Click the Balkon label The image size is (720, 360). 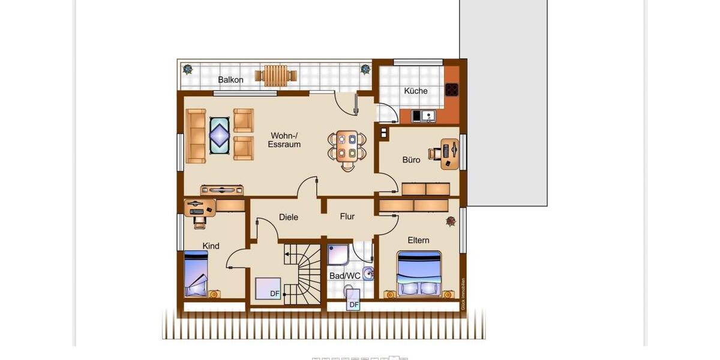click(x=230, y=80)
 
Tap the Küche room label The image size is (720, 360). click(x=416, y=91)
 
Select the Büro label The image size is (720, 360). click(x=411, y=160)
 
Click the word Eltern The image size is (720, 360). click(x=418, y=241)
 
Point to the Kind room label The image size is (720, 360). click(x=211, y=246)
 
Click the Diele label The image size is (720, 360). click(x=289, y=217)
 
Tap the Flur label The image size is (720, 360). click(x=347, y=217)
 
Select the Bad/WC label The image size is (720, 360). click(x=344, y=276)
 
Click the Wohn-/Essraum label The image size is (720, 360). click(x=285, y=140)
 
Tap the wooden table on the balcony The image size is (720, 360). click(x=276, y=75)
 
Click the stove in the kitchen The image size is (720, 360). click(x=452, y=90)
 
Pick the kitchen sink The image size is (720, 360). click(x=428, y=116)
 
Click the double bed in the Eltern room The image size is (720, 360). click(x=419, y=274)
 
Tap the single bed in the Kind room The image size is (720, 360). click(x=196, y=274)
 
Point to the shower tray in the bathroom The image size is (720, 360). click(x=338, y=254)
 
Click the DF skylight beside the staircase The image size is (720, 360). click(x=268, y=289)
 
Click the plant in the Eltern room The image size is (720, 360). click(x=451, y=222)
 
